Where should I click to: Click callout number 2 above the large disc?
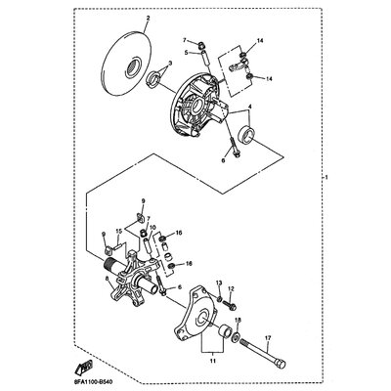click(148, 19)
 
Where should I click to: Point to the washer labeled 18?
click(236, 337)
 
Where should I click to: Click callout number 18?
click(237, 321)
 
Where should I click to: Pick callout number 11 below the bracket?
click(212, 361)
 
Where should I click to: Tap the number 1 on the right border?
click(326, 178)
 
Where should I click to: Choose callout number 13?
click(219, 282)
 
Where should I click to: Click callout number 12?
click(231, 288)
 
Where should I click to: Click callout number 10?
click(152, 227)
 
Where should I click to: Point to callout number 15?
click(119, 231)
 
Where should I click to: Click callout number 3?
click(170, 63)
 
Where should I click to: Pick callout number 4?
click(250, 107)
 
